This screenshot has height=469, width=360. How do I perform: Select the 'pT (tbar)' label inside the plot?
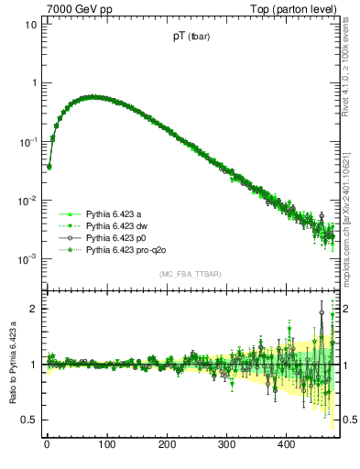(x=189, y=37)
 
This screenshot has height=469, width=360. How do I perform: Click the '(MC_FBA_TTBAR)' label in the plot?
(x=190, y=274)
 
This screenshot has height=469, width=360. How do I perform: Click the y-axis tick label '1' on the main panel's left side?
(x=34, y=83)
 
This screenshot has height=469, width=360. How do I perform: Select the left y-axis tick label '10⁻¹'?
(x=27, y=142)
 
